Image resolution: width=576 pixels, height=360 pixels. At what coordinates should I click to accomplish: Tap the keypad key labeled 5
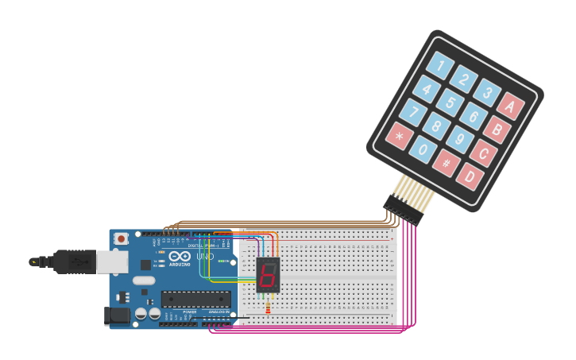450,102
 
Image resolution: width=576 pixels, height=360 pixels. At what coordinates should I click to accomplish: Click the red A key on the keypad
511,106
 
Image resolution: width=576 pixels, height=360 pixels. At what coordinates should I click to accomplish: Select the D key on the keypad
470,175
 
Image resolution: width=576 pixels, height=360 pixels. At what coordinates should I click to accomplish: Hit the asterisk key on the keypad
398,137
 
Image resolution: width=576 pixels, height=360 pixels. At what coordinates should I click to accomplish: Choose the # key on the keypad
446,162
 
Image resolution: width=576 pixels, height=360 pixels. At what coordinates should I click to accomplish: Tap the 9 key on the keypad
460,139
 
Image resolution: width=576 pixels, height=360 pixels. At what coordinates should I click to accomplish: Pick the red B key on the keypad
497,129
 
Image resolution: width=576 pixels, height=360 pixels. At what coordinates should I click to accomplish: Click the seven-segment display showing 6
268,274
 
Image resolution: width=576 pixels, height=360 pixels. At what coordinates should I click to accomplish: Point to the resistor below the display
268,304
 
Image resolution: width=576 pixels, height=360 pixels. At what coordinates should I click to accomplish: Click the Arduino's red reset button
121,238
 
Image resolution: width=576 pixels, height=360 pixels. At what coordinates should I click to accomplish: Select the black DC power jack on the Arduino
117,315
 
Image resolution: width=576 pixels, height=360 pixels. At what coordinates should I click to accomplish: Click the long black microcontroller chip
195,299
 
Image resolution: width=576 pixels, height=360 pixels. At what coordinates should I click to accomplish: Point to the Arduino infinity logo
180,256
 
